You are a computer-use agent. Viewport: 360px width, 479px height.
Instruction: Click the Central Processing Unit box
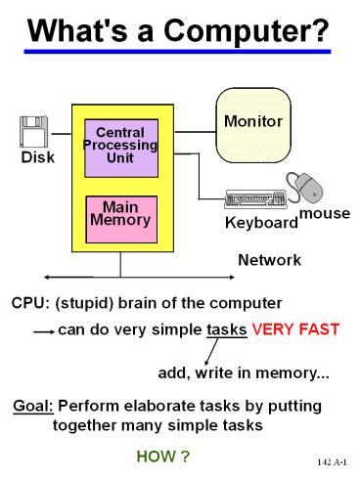[x=120, y=147]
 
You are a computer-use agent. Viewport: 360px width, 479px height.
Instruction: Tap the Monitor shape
[x=252, y=124]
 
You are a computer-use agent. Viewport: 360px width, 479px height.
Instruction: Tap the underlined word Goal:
[x=35, y=405]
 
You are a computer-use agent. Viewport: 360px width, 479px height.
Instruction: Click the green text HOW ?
[x=161, y=457]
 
